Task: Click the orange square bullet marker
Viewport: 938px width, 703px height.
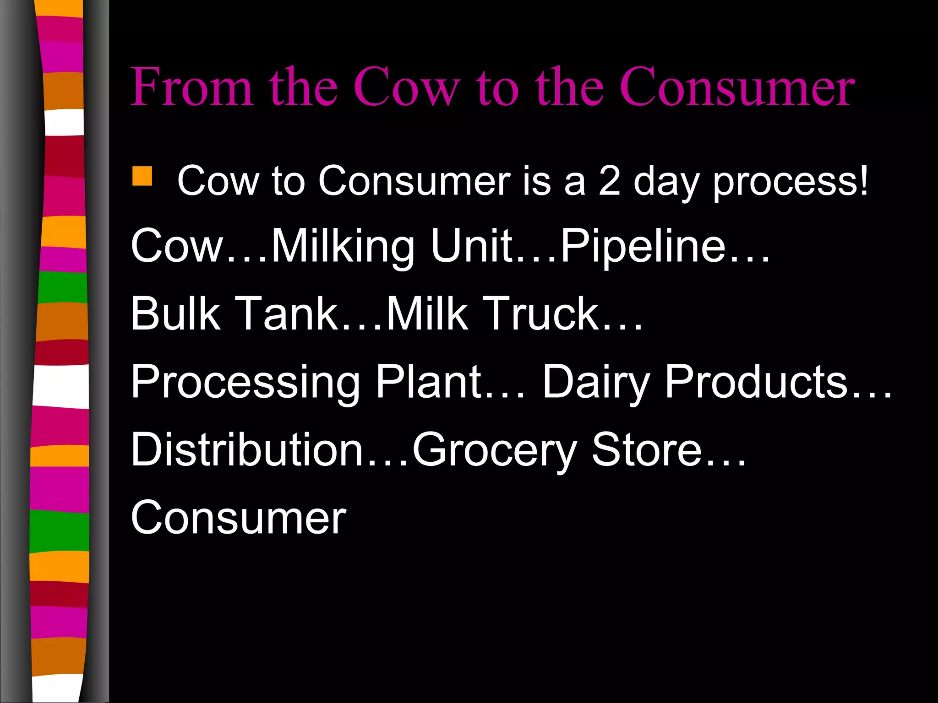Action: pyautogui.click(x=142, y=176)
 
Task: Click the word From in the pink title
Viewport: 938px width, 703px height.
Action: pyautogui.click(x=192, y=87)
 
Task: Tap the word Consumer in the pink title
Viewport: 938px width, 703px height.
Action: pyautogui.click(x=738, y=87)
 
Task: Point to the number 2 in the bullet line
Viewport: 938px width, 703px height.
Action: pyautogui.click(x=610, y=181)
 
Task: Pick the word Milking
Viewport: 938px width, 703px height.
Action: pyautogui.click(x=343, y=247)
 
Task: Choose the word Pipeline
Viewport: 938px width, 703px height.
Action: pyautogui.click(x=643, y=247)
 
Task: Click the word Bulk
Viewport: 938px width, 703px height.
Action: pyautogui.click(x=175, y=314)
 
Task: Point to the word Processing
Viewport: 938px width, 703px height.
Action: pyautogui.click(x=245, y=382)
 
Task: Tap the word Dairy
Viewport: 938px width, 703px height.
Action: pyautogui.click(x=596, y=382)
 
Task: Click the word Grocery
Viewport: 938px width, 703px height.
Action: pyautogui.click(x=494, y=450)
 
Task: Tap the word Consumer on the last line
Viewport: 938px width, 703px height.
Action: pyautogui.click(x=239, y=518)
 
